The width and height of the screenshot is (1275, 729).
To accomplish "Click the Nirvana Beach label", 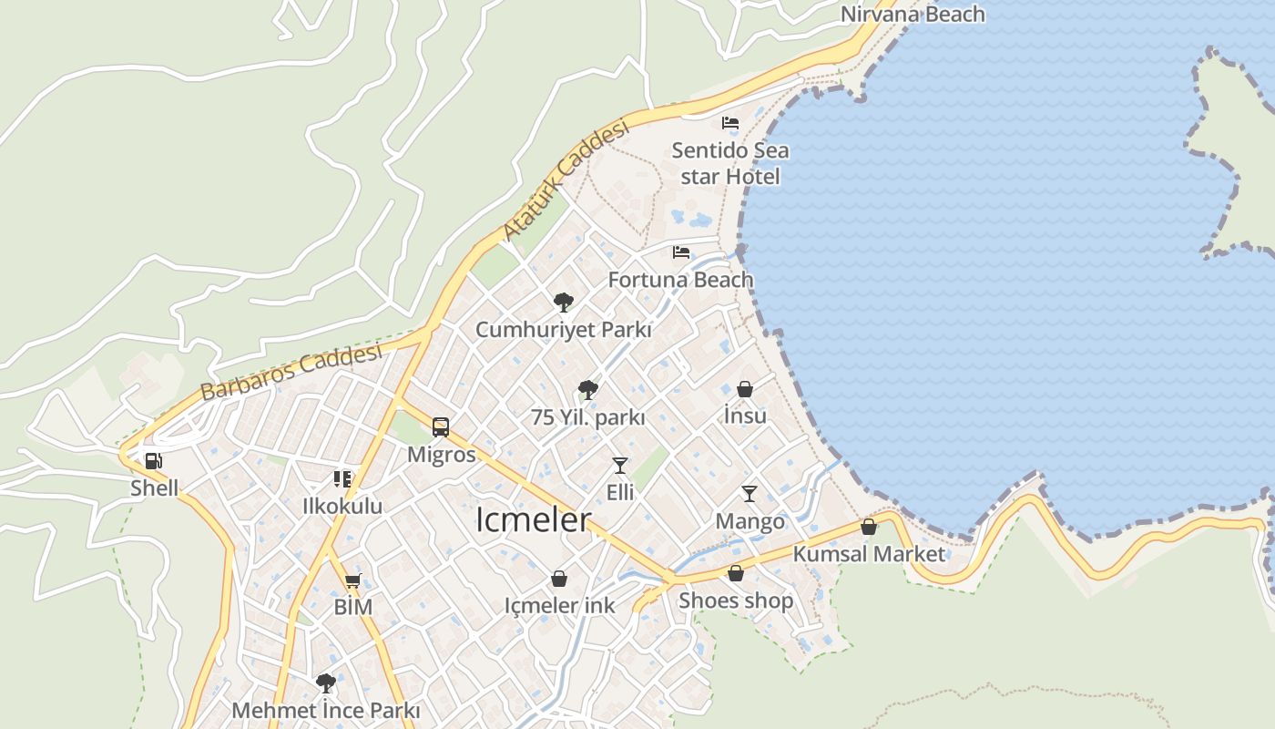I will (x=913, y=15).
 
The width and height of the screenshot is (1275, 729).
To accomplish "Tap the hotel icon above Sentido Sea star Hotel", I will (x=730, y=122).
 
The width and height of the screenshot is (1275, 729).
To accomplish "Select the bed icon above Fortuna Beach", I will (x=681, y=252).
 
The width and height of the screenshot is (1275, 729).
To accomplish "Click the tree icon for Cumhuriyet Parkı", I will (x=564, y=302).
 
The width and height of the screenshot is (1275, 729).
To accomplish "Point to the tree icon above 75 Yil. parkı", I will (x=588, y=390).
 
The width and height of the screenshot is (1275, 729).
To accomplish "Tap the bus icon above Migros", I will (x=441, y=426).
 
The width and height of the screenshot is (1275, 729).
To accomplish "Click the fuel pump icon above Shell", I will (x=154, y=461).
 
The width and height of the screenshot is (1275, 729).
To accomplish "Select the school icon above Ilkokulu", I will (x=342, y=478).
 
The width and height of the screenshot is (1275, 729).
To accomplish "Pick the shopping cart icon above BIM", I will (x=352, y=580).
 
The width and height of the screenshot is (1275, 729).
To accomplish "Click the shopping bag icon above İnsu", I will (x=745, y=389).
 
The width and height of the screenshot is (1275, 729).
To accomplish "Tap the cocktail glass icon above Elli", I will (x=620, y=466).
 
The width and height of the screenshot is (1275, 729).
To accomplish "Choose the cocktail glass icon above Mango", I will (x=750, y=494).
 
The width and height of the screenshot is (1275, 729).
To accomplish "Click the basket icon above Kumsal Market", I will (x=869, y=527).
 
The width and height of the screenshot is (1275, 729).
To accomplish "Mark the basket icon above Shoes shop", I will (x=736, y=573).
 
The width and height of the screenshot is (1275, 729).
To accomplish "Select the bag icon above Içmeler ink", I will (x=559, y=579).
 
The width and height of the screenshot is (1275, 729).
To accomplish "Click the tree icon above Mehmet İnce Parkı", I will (x=325, y=683).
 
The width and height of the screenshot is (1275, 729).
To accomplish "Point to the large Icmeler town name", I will (x=534, y=519).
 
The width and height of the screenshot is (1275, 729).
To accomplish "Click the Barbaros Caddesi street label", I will (x=291, y=372).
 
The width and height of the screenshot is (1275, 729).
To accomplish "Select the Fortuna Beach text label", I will (x=681, y=280).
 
